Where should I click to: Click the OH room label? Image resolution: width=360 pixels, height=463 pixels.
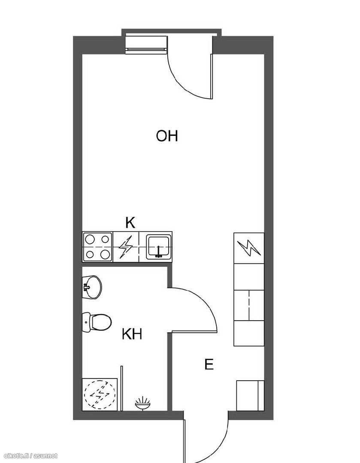[167, 136]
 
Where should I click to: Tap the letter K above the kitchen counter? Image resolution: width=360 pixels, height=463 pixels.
[130, 222]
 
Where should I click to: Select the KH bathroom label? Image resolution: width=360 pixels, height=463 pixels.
[132, 334]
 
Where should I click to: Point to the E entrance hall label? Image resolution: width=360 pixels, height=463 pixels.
[209, 364]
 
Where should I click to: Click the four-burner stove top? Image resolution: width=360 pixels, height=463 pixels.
[97, 247]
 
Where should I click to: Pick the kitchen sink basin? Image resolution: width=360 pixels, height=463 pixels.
[159, 247]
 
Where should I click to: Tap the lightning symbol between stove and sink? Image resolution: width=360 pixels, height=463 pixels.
[126, 247]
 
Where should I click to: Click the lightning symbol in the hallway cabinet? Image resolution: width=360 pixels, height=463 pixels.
[249, 248]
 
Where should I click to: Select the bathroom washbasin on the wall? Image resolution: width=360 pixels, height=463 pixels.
[92, 287]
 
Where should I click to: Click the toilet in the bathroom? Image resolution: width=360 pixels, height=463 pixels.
[97, 322]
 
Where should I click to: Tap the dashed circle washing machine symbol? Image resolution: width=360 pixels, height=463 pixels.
[100, 394]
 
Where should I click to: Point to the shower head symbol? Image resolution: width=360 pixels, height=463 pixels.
[142, 403]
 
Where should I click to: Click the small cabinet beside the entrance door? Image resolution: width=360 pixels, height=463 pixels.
[250, 396]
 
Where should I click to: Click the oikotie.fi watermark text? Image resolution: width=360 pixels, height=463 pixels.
[31, 456]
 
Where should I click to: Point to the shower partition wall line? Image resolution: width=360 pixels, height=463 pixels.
[121, 388]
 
